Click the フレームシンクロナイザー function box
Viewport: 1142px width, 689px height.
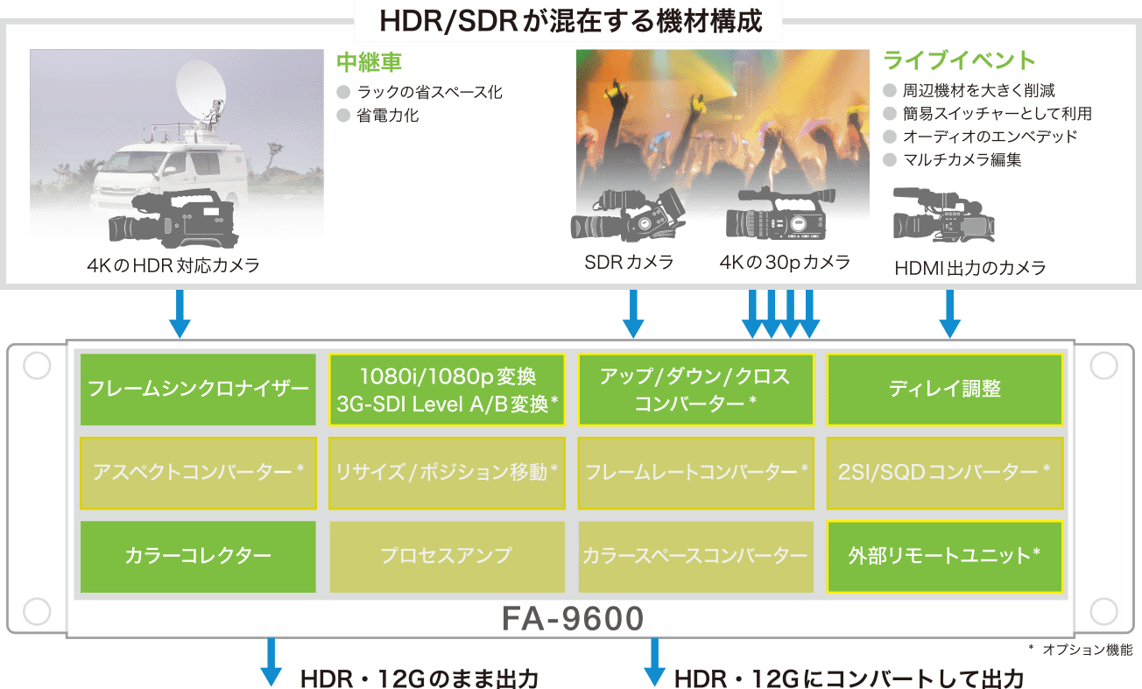198,389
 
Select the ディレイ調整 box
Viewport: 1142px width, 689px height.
945,389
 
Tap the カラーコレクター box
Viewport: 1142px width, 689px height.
198,555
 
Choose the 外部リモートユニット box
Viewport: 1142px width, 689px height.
945,555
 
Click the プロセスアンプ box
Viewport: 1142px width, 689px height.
447,555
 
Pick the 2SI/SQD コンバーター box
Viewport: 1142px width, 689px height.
945,472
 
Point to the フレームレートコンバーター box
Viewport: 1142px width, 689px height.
696,472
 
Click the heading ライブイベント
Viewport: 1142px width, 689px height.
959,60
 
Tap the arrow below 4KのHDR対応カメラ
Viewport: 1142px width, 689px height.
180,315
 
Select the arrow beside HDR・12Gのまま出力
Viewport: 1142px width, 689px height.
271,663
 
